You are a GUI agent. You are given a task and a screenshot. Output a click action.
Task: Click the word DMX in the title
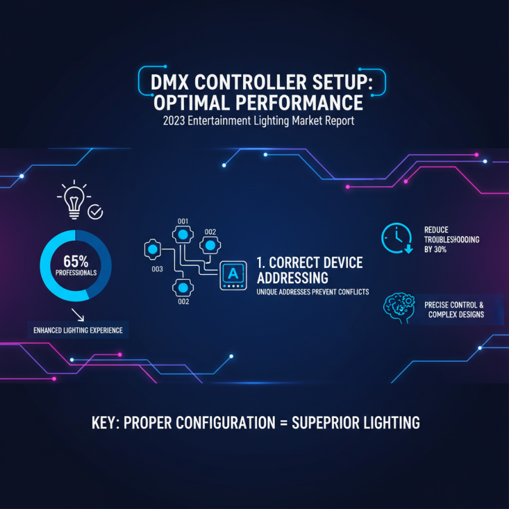coord(169,82)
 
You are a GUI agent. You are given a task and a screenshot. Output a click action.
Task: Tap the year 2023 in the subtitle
coord(174,121)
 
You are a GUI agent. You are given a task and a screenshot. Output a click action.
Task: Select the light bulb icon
coord(74,199)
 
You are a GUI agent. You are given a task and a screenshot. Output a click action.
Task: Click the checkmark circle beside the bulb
coord(95,213)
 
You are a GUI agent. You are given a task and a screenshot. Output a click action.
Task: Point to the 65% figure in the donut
coord(76,261)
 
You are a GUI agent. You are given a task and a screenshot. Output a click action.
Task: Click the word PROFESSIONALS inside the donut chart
coord(76,273)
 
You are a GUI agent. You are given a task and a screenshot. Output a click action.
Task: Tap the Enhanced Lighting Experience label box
coord(78,330)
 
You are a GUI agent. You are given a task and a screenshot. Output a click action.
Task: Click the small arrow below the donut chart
coord(78,315)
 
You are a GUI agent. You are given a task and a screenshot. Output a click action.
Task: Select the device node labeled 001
coord(183,234)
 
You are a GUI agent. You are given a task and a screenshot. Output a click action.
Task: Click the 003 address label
coord(157,269)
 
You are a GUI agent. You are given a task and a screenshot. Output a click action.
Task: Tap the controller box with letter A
coord(233,275)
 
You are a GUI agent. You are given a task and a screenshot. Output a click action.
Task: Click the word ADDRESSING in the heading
coord(293,278)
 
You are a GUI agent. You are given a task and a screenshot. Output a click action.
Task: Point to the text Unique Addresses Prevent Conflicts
coord(312,292)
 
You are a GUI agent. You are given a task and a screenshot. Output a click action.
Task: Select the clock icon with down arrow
coord(397,238)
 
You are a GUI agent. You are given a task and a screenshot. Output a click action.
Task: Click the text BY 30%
coord(435,249)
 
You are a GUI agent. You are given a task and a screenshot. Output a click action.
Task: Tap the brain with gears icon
coord(399,308)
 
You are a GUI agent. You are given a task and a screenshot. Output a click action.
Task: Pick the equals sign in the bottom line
coord(284,423)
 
